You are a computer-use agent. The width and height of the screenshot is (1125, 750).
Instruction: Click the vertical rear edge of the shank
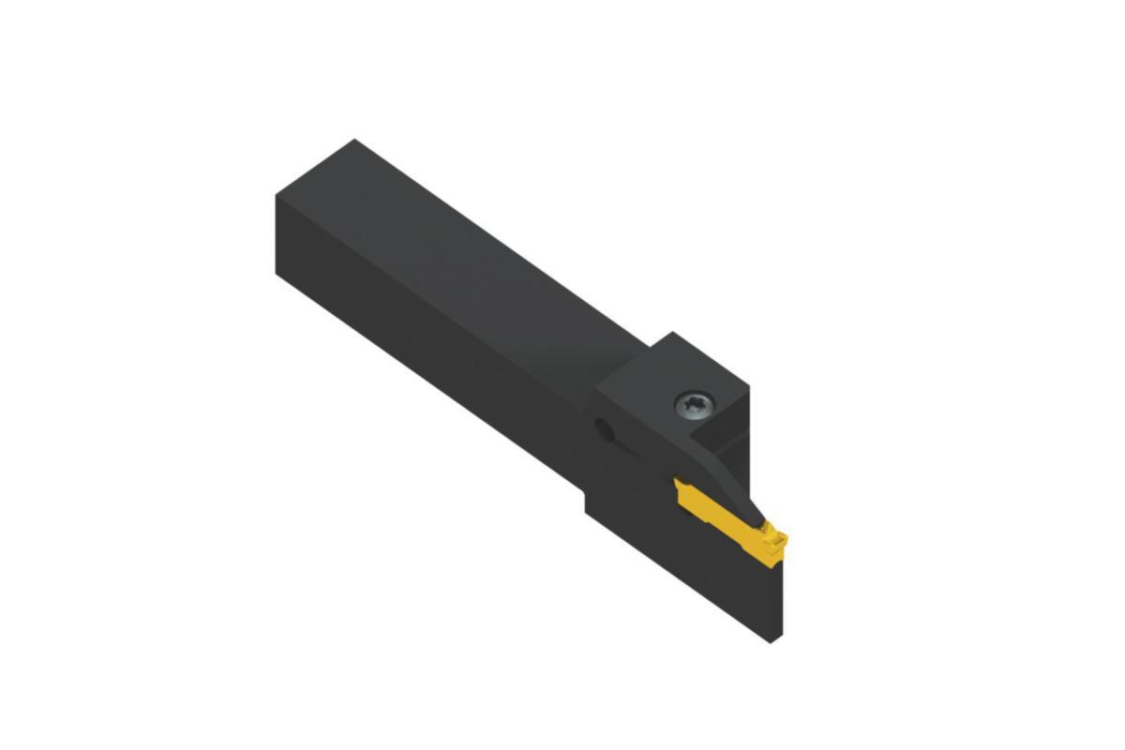(x=276, y=234)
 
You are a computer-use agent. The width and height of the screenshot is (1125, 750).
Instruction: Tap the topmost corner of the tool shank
(x=353, y=140)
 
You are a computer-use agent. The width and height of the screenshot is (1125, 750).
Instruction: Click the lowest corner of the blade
(x=771, y=642)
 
